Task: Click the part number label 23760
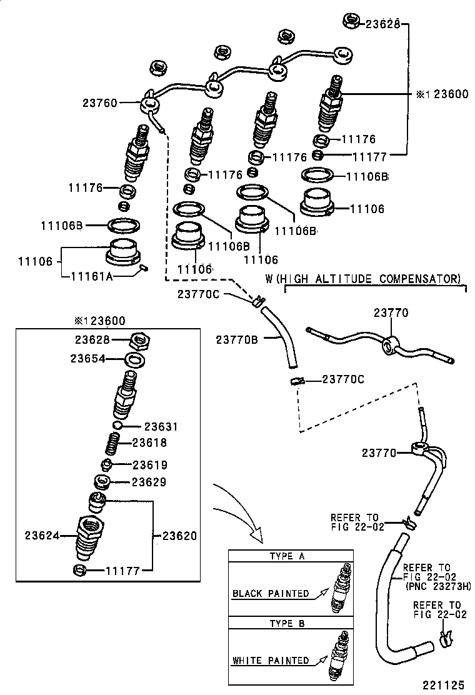99,102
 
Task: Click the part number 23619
149,465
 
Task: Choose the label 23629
147,482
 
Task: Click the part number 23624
42,535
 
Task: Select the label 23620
179,535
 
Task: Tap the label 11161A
92,276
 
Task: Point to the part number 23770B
236,339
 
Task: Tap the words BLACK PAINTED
271,593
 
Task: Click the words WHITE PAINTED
271,660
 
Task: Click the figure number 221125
445,686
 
